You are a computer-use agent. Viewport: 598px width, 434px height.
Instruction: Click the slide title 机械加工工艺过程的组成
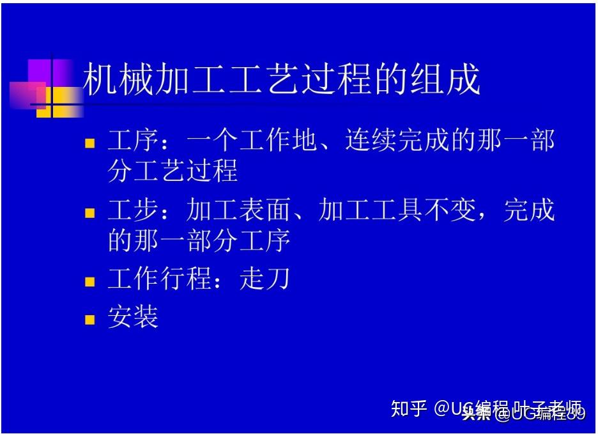tap(282, 80)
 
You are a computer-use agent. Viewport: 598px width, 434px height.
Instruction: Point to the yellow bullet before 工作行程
tap(90, 282)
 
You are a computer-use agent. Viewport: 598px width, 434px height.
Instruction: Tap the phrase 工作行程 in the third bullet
tap(159, 280)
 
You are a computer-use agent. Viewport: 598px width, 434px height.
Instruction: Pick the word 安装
tap(133, 317)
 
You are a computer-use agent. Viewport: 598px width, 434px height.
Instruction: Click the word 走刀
tap(264, 280)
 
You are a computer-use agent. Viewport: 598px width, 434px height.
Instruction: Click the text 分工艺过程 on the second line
tap(172, 171)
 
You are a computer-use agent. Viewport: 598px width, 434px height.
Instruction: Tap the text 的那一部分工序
tap(199, 241)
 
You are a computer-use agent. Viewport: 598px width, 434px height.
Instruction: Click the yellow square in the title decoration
tap(51, 102)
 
